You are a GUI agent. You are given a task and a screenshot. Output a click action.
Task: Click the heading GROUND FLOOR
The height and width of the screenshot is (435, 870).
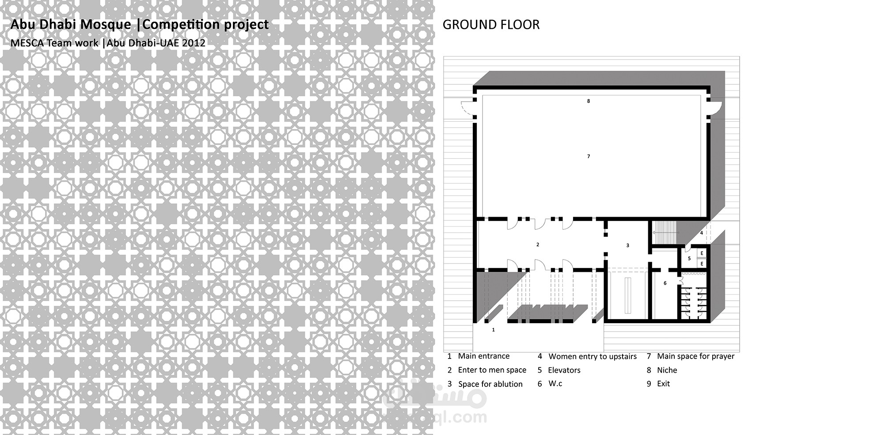coord(491,25)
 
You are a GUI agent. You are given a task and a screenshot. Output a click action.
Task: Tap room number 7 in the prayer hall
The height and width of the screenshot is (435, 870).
coord(589,156)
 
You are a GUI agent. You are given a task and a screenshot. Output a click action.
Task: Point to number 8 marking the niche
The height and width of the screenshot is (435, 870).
coord(589,101)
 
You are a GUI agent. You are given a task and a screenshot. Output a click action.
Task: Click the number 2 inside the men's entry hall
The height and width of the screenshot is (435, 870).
coord(538,244)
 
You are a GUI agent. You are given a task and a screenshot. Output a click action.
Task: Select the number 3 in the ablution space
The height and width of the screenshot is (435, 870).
coord(627,245)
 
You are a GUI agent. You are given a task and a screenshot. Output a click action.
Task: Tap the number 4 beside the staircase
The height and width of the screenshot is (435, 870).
coord(701,233)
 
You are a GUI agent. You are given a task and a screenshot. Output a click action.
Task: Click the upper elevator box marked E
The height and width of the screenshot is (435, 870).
coord(702,253)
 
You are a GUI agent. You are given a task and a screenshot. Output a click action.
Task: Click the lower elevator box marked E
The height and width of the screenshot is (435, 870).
coord(702,263)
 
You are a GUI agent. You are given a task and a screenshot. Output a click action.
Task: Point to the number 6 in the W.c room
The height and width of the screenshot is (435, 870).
coord(665,283)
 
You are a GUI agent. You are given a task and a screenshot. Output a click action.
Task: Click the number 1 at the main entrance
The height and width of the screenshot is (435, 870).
coord(494,330)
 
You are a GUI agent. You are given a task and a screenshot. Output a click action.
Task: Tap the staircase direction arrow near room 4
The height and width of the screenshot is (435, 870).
coord(666,232)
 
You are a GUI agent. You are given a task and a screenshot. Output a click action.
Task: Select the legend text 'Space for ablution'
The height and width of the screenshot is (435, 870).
coord(490,384)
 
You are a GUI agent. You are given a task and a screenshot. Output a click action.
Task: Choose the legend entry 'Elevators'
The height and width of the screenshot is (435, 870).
coord(564,370)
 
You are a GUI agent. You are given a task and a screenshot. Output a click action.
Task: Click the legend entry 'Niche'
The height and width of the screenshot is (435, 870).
coord(667,370)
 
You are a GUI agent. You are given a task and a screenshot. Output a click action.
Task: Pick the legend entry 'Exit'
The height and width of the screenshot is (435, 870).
coord(663,384)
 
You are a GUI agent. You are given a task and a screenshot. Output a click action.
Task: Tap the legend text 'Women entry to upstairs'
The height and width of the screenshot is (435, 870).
coord(593,357)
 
